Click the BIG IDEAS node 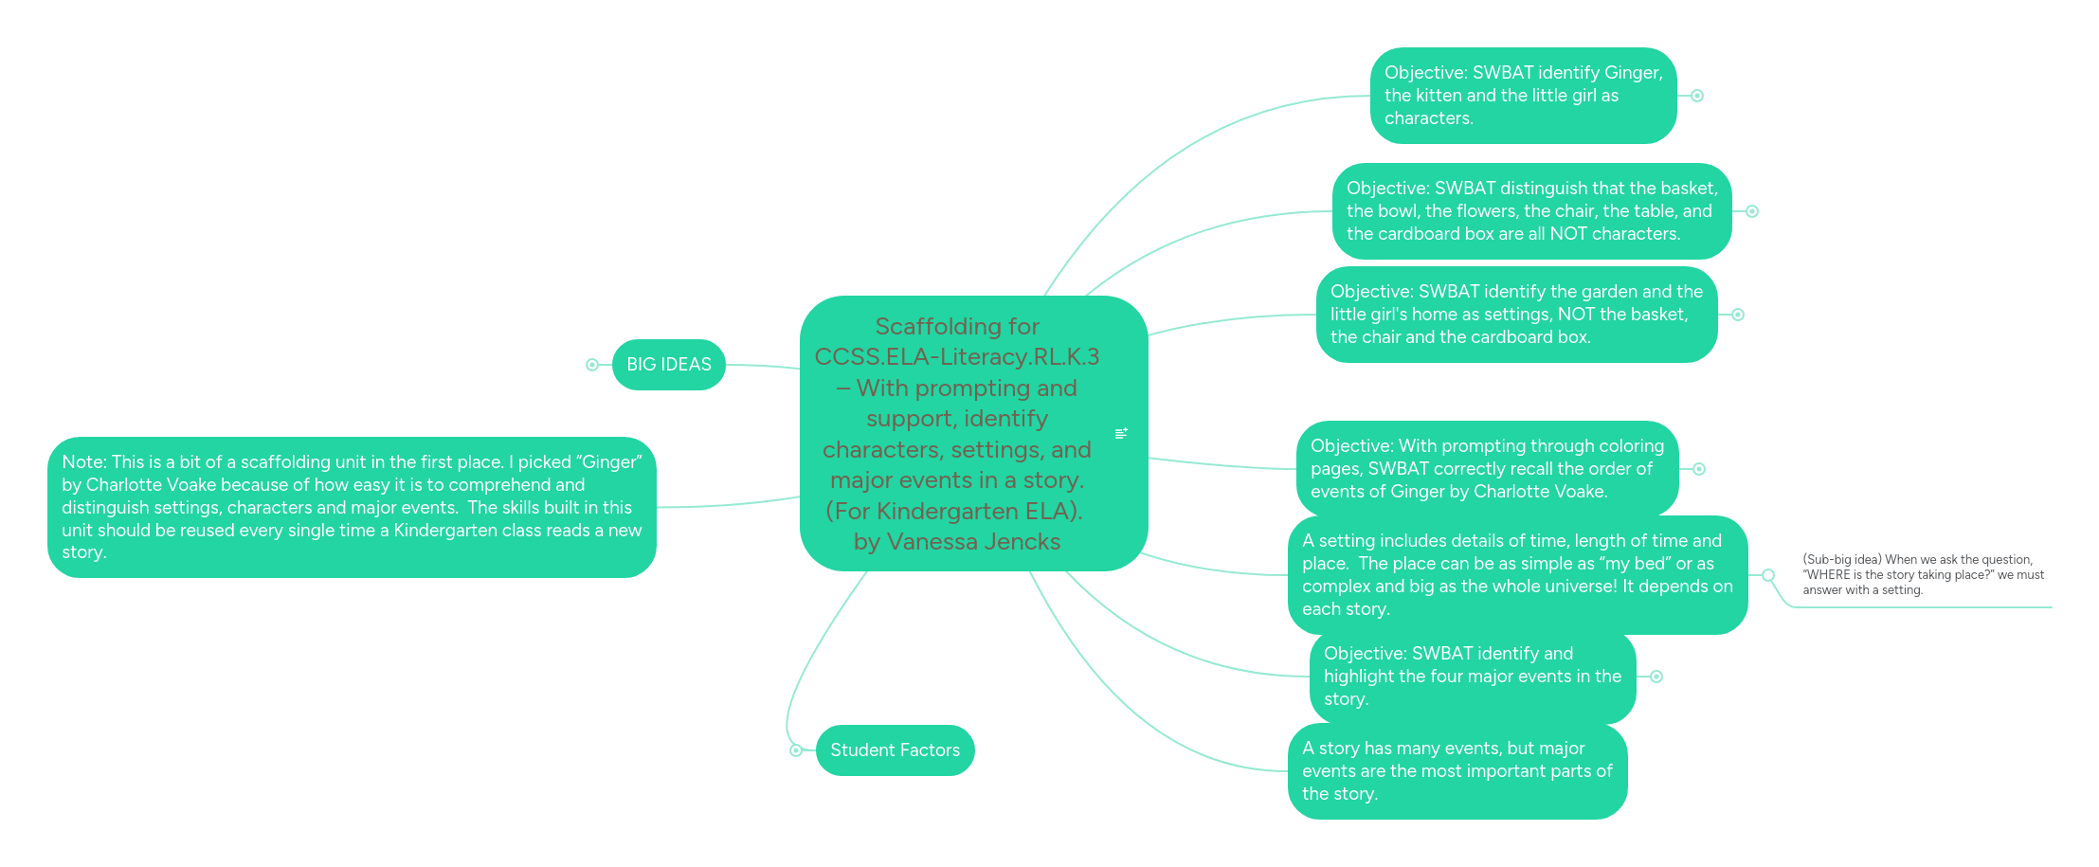[669, 365]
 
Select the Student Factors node [895, 750]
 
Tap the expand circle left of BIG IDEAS [592, 365]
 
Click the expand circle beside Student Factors [796, 750]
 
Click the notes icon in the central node [1121, 433]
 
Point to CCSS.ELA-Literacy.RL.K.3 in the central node [957, 356]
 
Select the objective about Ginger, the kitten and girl [1524, 96]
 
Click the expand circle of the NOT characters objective [1752, 211]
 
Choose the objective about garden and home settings [1517, 315]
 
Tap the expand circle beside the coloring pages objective [1699, 469]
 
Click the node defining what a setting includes [1518, 575]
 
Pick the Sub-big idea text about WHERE [1924, 575]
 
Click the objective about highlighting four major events [1473, 677]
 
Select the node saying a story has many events [1457, 771]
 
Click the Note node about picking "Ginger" [352, 507]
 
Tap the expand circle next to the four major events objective [1656, 677]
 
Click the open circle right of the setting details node [1768, 575]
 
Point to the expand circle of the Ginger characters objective [1697, 96]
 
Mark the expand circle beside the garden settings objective [1738, 315]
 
